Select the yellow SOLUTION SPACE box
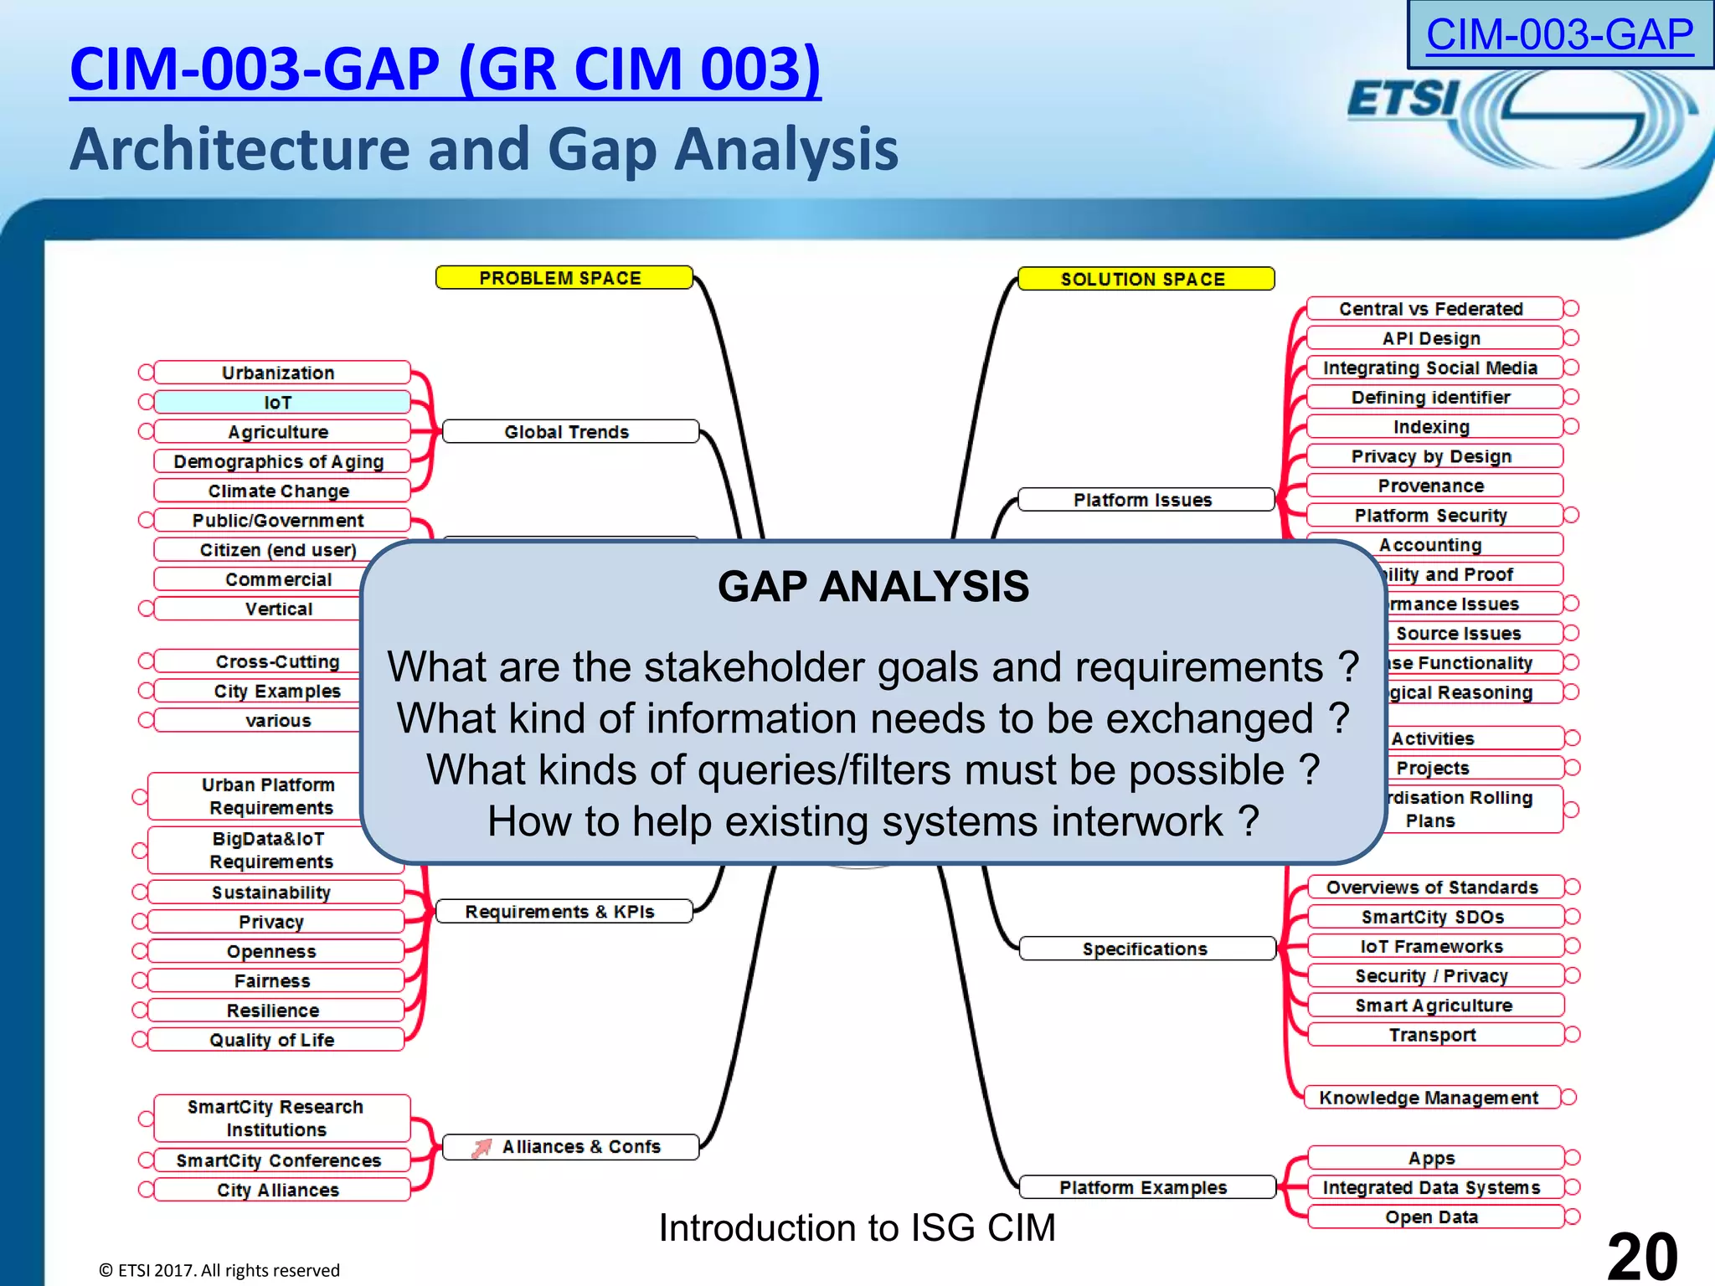pyautogui.click(x=1145, y=279)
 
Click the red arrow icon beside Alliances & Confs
pyautogui.click(x=482, y=1148)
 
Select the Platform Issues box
pyautogui.click(x=1145, y=500)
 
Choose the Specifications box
pyautogui.click(x=1146, y=949)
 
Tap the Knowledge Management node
pyautogui.click(x=1430, y=1098)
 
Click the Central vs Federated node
pyautogui.click(x=1433, y=309)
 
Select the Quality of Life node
pyautogui.click(x=274, y=1040)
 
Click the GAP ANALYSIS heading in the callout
pyautogui.click(x=873, y=586)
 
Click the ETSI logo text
pyautogui.click(x=1403, y=100)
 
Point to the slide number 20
pyautogui.click(x=1641, y=1255)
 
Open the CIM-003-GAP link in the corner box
pyautogui.click(x=1559, y=35)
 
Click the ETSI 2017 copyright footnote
pyautogui.click(x=219, y=1270)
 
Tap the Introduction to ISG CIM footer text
pyautogui.click(x=857, y=1228)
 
